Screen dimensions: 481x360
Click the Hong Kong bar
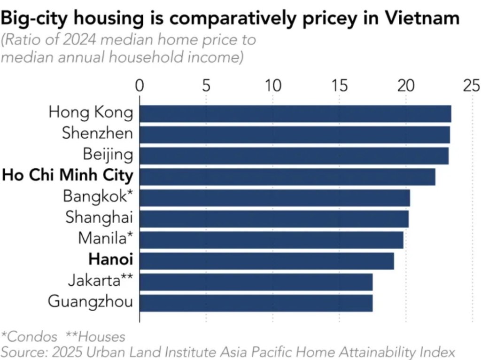coord(295,114)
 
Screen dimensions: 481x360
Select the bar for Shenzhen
coord(295,135)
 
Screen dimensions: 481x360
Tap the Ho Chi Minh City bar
coord(287,177)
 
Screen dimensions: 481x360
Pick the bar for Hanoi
coord(267,261)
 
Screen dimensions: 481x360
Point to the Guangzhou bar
coord(256,303)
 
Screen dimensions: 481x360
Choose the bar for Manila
coord(272,240)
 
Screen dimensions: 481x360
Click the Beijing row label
coord(108,154)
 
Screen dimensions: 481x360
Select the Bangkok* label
coord(98,196)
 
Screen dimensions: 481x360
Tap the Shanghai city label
coord(99,217)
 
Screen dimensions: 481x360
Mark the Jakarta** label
coord(101,280)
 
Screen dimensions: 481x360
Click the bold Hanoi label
coord(111,259)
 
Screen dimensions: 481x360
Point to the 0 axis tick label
coord(140,86)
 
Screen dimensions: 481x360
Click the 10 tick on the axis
coord(273,86)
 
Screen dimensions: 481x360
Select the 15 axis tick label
coord(339,86)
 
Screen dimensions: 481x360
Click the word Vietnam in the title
coord(422,18)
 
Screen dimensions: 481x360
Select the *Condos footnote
coord(29,337)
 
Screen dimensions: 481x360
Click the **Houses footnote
coord(95,337)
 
